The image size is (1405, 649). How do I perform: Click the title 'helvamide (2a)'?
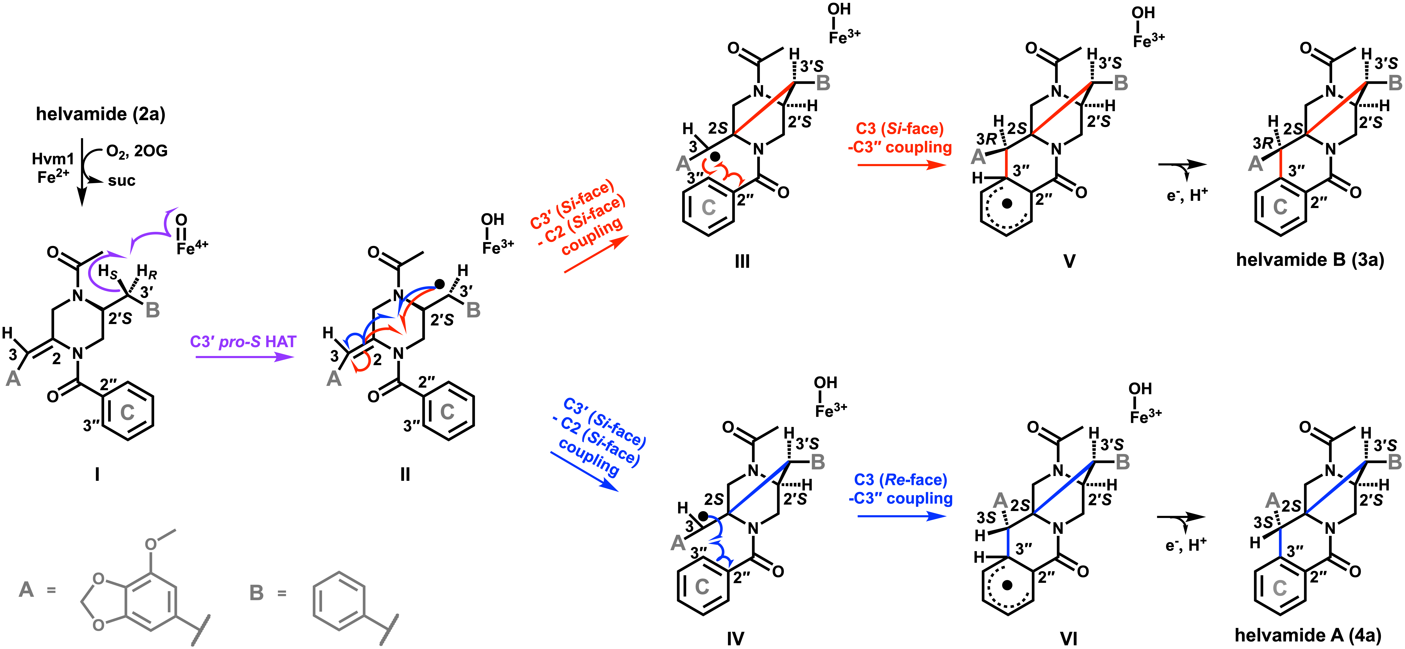click(100, 114)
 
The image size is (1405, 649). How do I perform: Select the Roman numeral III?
click(742, 262)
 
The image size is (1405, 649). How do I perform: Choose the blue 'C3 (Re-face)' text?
click(901, 480)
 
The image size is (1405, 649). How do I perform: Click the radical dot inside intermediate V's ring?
click(1007, 203)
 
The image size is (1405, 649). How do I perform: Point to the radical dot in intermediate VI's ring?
click(1007, 585)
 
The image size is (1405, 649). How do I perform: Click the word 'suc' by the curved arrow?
click(121, 181)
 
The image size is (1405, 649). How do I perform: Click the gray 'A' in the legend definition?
click(26, 590)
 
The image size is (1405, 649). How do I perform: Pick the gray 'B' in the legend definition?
click(256, 593)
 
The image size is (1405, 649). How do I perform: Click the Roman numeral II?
click(405, 474)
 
